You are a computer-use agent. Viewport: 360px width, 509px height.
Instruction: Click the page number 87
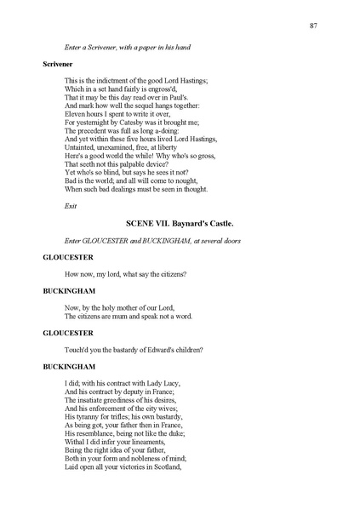click(314, 26)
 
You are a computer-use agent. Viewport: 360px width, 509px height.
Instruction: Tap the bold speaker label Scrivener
click(58, 64)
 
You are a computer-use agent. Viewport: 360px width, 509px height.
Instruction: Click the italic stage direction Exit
click(71, 206)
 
